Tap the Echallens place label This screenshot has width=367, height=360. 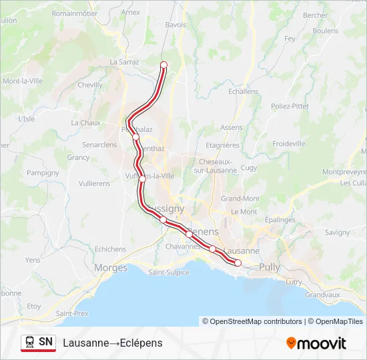242,91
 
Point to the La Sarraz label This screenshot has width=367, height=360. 123,62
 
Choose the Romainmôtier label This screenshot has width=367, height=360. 75,13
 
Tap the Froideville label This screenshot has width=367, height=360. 289,143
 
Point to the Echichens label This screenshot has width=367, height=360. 110,249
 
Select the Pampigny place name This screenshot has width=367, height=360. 43,173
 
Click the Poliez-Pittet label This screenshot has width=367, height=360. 290,106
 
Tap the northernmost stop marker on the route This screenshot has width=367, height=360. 163,65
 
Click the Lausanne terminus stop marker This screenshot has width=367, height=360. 238,263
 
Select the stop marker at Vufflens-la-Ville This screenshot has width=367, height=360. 142,178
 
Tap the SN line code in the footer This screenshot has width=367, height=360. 46,342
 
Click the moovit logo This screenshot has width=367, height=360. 316,343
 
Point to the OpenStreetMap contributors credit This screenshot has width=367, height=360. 252,321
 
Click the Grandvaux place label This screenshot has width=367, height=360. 323,294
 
